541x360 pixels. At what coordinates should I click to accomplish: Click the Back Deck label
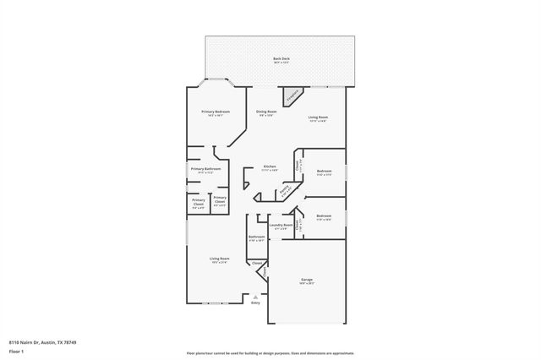[280, 59]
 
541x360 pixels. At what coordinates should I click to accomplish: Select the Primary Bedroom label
[215, 112]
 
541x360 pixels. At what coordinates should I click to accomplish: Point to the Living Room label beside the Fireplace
[318, 117]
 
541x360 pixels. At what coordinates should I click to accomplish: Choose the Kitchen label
[270, 167]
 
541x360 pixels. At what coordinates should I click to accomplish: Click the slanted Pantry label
[286, 191]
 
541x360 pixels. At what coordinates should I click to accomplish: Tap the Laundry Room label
[281, 226]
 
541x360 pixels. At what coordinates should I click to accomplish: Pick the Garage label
[307, 281]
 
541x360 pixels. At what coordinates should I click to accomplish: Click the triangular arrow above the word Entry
[255, 297]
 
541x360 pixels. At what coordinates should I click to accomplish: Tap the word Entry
[255, 303]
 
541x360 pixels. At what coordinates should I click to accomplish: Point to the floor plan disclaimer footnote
[270, 353]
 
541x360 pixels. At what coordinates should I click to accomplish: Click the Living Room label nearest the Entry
[221, 259]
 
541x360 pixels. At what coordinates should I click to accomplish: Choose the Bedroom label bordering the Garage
[324, 216]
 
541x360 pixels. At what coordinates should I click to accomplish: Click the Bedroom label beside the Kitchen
[324, 172]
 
